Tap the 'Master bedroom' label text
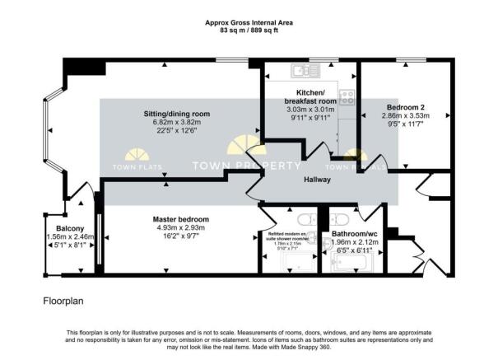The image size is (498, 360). pos(180,219)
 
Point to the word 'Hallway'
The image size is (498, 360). pos(317,179)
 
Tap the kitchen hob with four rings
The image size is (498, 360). pos(347,96)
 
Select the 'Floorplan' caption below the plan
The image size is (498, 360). pos(63,302)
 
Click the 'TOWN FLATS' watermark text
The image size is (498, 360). pos(132,167)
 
